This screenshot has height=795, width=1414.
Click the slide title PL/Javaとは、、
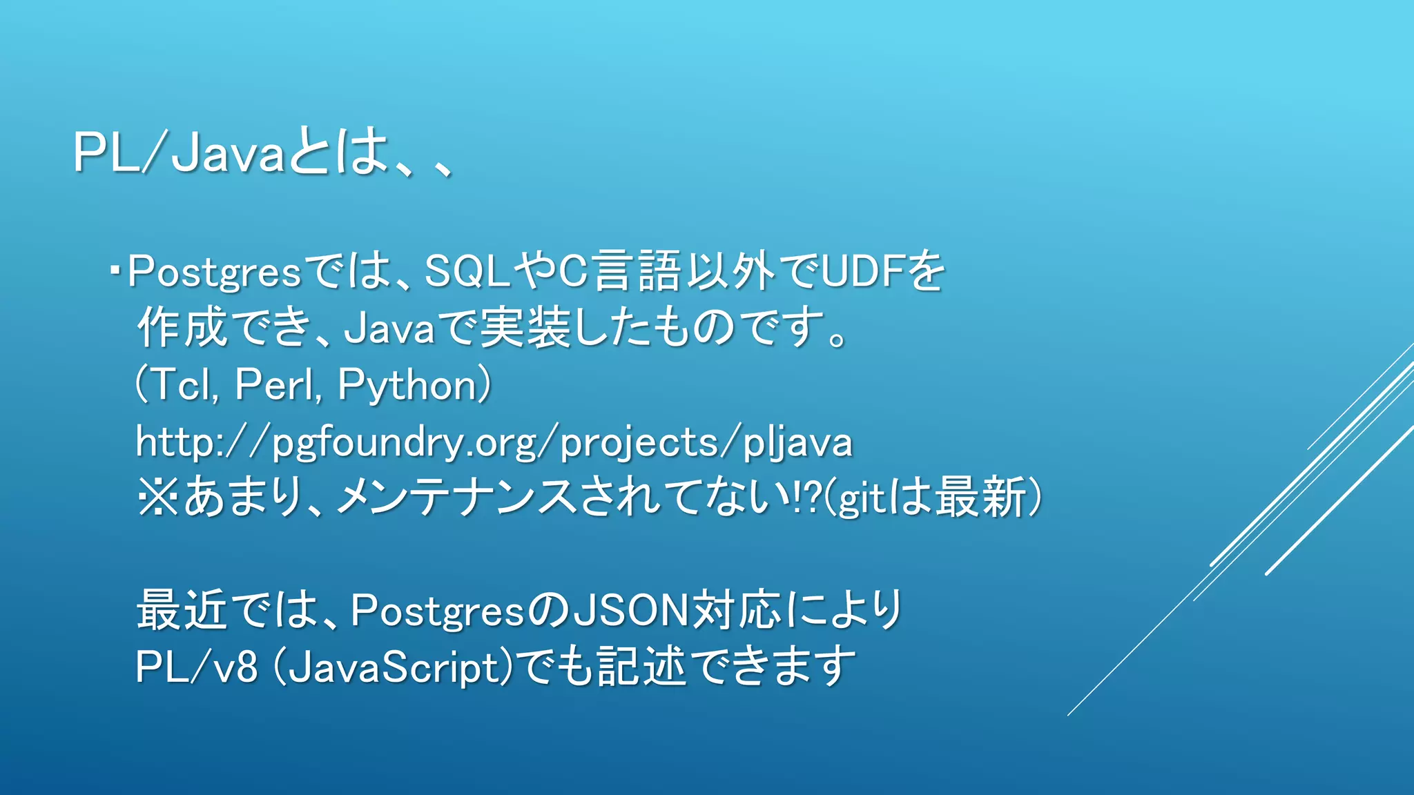(x=262, y=152)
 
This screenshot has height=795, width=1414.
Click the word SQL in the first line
(x=467, y=271)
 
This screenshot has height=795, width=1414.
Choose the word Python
(x=407, y=385)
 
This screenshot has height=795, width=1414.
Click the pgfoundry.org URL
(x=494, y=442)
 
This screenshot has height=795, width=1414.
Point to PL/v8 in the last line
(x=196, y=668)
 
